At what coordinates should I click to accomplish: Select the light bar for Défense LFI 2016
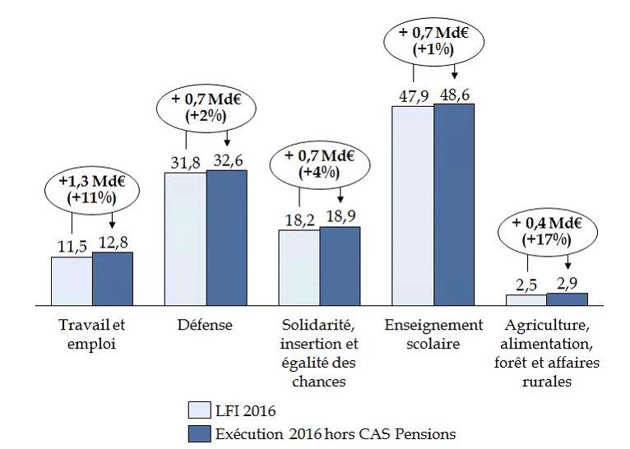pyautogui.click(x=185, y=239)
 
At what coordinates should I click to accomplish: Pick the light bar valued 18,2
pyautogui.click(x=299, y=267)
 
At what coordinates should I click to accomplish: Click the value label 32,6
pyautogui.click(x=227, y=161)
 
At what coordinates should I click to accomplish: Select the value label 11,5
pyautogui.click(x=72, y=245)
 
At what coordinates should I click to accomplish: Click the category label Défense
pyautogui.click(x=206, y=325)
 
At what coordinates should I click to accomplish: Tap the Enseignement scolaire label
pyautogui.click(x=433, y=334)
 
